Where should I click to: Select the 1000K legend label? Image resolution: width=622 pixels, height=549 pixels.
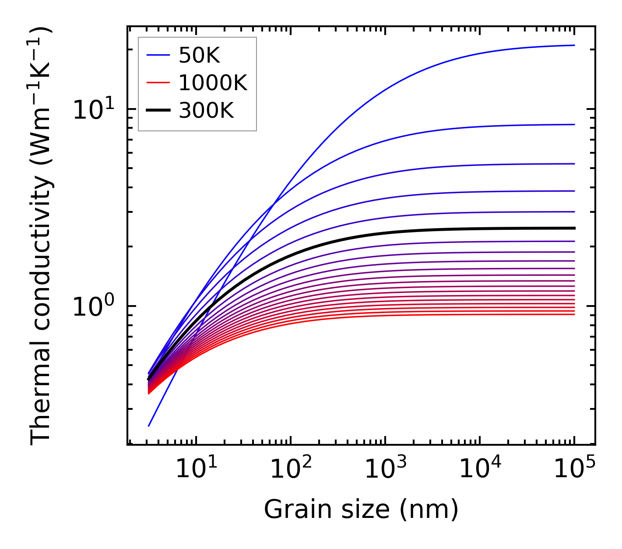point(213,83)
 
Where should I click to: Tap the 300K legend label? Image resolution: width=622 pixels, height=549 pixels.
point(206,111)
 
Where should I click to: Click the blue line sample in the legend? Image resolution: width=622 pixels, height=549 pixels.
point(158,55)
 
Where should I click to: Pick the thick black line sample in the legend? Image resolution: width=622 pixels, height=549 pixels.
point(158,111)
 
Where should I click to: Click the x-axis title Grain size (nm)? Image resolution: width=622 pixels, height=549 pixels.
point(361,510)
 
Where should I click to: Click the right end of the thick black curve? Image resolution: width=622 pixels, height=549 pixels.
point(574,228)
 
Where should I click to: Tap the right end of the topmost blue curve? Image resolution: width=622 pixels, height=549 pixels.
point(574,45)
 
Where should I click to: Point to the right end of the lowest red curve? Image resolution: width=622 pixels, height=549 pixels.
point(574,314)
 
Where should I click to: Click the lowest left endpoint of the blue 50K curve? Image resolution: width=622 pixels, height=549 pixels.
point(149,426)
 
